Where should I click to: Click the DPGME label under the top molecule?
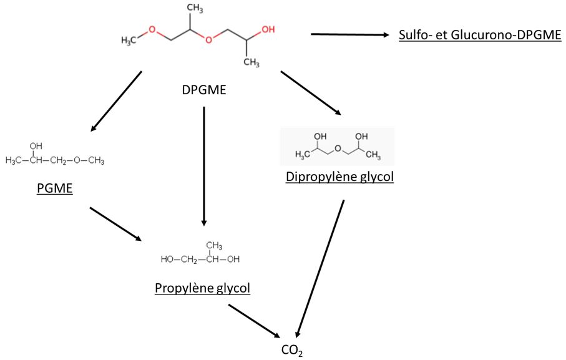[x=203, y=90]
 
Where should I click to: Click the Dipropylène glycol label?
[x=339, y=177]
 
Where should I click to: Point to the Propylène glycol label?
[x=202, y=288]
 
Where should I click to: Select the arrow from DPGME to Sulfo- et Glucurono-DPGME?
[x=350, y=34]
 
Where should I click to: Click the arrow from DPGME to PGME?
[x=117, y=101]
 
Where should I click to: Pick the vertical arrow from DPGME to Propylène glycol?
[x=203, y=165]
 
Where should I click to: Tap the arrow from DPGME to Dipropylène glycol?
[x=311, y=94]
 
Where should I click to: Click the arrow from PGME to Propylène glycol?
[x=115, y=224]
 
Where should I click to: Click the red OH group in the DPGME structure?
[x=267, y=29]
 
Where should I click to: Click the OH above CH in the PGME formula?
[x=36, y=146]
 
